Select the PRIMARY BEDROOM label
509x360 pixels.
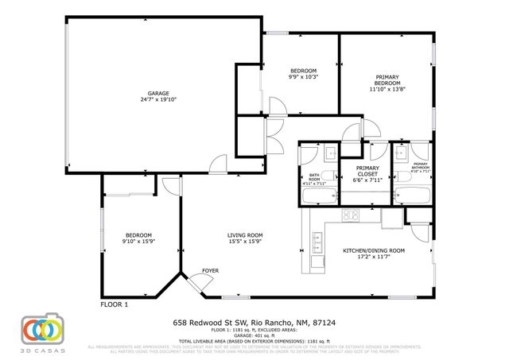[387, 79]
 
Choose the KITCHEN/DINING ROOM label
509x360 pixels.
[374, 250]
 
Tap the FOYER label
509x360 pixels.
[210, 270]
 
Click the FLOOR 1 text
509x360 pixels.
[114, 304]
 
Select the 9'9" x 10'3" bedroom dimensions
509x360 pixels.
[303, 77]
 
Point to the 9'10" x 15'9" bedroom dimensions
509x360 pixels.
[138, 242]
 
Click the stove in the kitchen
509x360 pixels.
[350, 215]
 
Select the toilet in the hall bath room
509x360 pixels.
[328, 153]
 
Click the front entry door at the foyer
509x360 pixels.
[194, 283]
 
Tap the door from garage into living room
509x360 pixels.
[215, 165]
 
